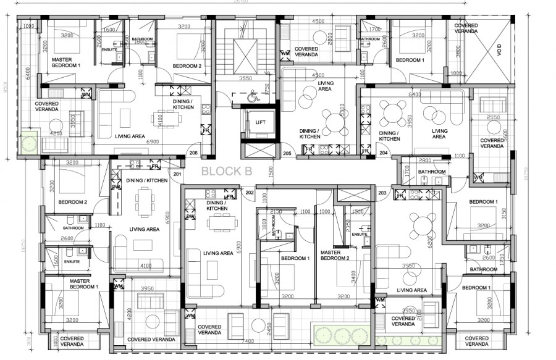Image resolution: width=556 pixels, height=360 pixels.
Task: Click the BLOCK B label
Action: [x=227, y=172]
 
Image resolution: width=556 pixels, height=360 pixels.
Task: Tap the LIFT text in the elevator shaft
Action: [x=260, y=122]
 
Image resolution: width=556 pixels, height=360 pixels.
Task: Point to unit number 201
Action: [x=178, y=174]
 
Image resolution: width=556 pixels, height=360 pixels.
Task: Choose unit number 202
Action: [x=249, y=193]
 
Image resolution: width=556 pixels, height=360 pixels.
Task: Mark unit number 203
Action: [x=382, y=193]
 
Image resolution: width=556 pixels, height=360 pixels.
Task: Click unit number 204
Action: [x=384, y=153]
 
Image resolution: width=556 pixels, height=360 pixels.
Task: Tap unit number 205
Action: [x=287, y=153]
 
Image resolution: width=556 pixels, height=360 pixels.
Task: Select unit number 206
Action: [x=193, y=153]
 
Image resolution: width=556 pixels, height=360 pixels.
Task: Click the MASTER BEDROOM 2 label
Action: [x=335, y=255]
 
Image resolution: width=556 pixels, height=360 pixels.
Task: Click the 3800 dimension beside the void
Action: [x=458, y=53]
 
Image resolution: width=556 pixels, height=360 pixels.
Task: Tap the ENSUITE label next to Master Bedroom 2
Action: [x=360, y=235]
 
